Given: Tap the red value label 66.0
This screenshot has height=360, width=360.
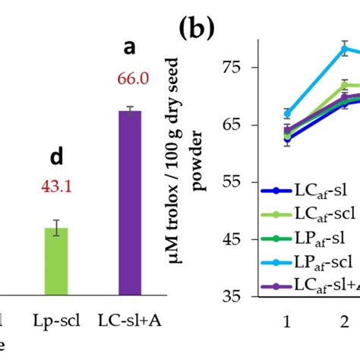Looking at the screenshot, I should [131, 78].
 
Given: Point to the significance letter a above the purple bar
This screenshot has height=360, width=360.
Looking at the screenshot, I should [130, 48].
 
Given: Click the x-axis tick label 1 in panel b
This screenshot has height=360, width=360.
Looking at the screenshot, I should [287, 321].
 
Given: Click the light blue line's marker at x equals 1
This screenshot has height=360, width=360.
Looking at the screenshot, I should [287, 113].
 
